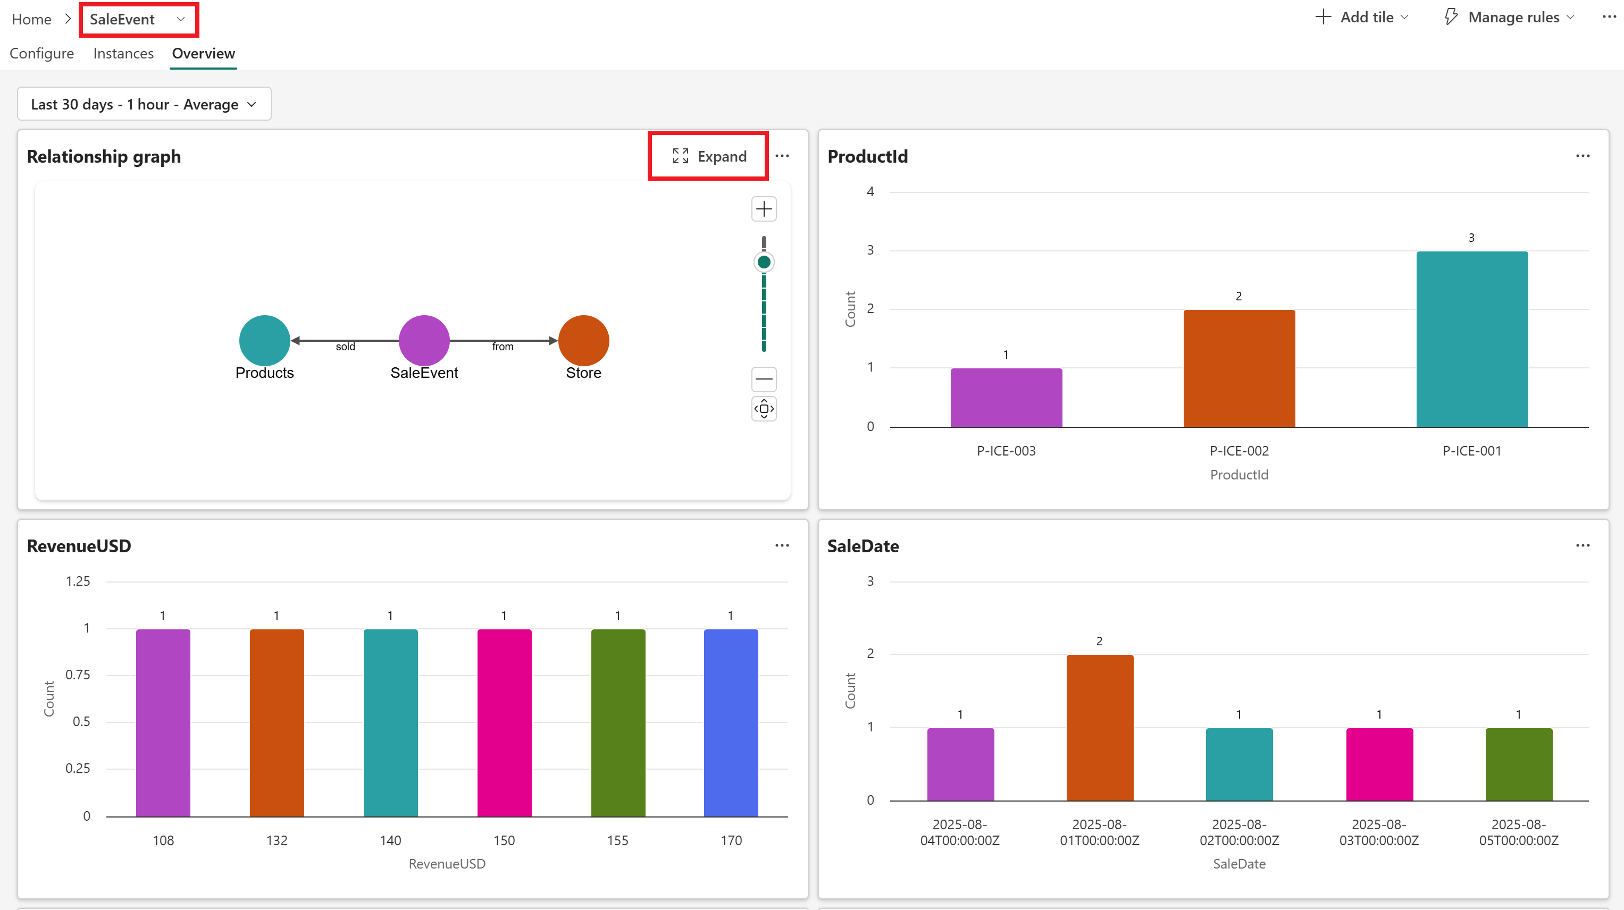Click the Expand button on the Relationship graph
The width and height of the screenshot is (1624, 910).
coord(709,156)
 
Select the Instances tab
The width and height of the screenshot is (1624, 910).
coord(123,54)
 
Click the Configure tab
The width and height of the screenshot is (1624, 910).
coord(41,54)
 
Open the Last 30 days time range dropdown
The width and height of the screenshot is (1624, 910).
coord(144,104)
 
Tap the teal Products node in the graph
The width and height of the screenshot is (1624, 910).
coord(265,340)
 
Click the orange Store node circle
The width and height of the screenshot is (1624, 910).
coord(584,340)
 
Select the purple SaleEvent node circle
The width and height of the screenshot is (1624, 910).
coord(424,340)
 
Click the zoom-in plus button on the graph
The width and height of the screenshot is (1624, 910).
coord(764,208)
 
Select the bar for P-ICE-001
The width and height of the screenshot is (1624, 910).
coord(1472,339)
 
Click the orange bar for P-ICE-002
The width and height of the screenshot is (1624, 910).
coord(1240,369)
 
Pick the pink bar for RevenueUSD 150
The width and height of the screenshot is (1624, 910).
coord(504,723)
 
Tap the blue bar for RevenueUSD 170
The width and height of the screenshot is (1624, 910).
coord(731,723)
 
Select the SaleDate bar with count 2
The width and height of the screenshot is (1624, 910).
coord(1100,728)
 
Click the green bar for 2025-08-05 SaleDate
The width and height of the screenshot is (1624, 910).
coord(1519,764)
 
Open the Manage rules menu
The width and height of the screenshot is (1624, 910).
coord(1509,17)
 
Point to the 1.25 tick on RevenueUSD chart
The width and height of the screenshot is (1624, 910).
coord(78,581)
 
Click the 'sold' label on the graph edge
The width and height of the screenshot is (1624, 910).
coord(346,347)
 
